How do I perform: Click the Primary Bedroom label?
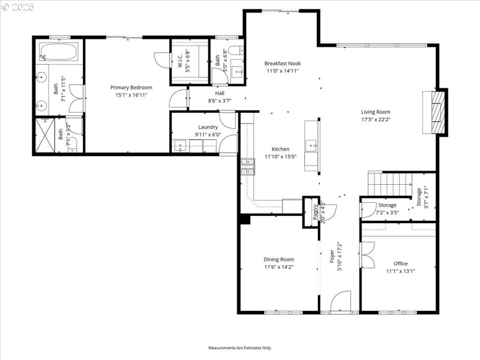pos(131,88)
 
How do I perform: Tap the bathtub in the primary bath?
pos(59,52)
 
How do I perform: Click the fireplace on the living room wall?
pos(436,112)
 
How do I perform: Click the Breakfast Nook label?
pos(283,63)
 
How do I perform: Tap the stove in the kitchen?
pos(247,166)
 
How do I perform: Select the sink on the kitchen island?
pos(311,145)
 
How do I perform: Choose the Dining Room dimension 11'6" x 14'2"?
pos(278,267)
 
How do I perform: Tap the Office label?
pos(400,263)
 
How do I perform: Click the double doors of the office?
pos(367,254)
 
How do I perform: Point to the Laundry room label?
pos(208,127)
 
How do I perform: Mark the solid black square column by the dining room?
pos(244,219)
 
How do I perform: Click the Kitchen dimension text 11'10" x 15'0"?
pos(280,157)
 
